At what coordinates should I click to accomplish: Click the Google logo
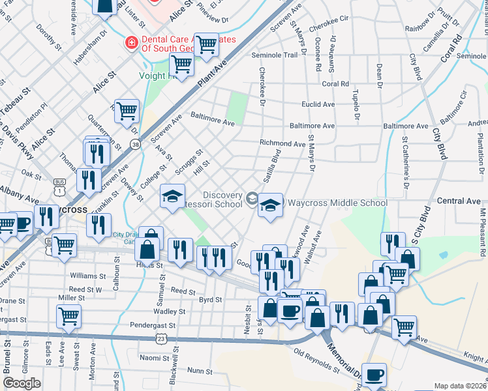coord(22,383)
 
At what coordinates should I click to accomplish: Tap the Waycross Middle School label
coord(337,203)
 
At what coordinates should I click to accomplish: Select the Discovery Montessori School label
coord(222,199)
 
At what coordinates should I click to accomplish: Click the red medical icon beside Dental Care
coord(130,42)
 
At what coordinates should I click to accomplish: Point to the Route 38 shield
coord(136,145)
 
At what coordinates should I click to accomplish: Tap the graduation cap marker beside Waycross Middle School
coord(271,207)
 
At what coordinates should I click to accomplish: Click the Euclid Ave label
coord(318,104)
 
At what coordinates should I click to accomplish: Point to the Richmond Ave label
coord(282,143)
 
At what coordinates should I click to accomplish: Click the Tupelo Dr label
coord(356,108)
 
